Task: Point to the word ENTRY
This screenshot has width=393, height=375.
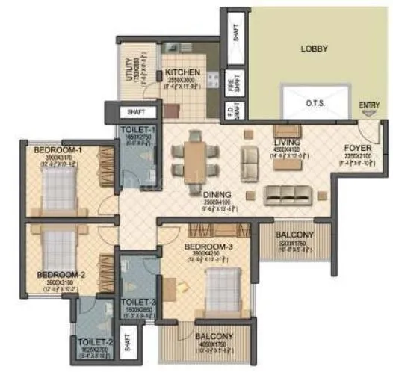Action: (x=368, y=105)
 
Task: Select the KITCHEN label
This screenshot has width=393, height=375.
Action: (x=182, y=72)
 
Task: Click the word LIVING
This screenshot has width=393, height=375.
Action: (x=287, y=141)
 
